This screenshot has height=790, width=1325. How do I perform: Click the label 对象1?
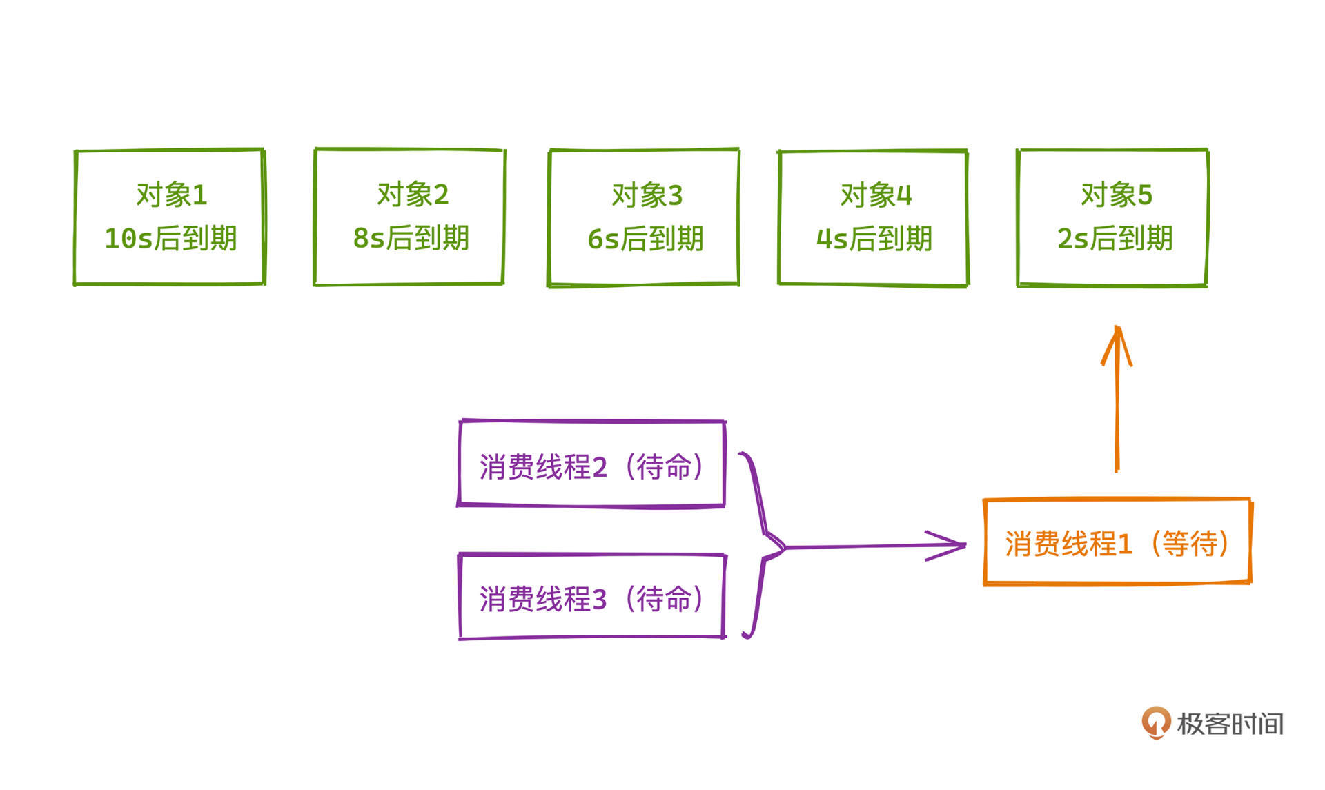click(x=172, y=195)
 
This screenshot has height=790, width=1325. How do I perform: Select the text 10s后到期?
click(x=170, y=239)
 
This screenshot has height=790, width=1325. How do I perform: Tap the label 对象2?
click(x=413, y=195)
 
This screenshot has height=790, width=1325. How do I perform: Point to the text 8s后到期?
click(x=411, y=238)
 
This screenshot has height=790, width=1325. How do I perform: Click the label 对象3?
click(x=647, y=195)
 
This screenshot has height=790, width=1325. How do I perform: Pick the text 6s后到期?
click(x=645, y=239)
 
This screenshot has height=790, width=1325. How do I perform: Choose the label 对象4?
click(x=876, y=195)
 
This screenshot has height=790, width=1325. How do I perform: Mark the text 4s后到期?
click(x=874, y=239)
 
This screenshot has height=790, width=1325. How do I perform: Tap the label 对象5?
click(x=1117, y=195)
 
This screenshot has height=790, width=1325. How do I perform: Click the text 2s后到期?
click(x=1115, y=239)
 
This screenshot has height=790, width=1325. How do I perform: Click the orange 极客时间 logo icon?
click(x=1156, y=722)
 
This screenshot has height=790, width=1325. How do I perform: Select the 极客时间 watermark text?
click(x=1230, y=724)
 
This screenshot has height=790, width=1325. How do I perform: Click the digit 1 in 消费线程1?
click(x=1125, y=544)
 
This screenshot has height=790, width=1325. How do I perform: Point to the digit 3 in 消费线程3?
click(x=600, y=600)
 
